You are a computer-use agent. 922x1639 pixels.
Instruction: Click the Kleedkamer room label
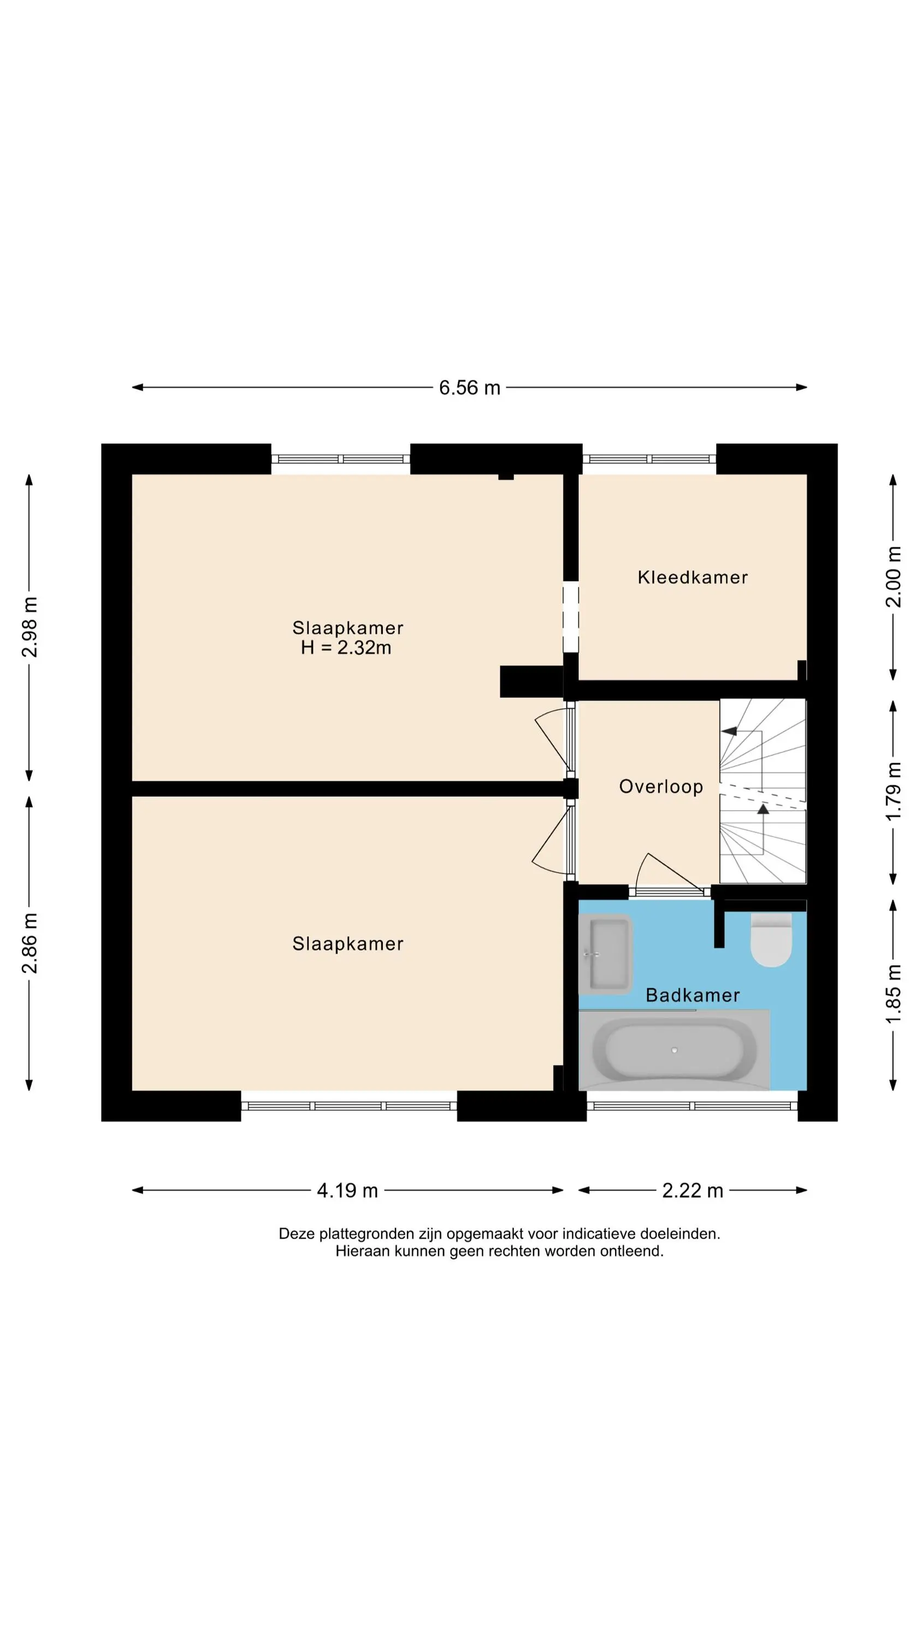click(x=692, y=577)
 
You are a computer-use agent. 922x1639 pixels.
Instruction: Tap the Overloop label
click(x=660, y=787)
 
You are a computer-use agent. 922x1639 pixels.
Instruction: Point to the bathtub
click(x=674, y=1050)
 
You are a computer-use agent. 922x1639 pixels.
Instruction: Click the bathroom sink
click(x=605, y=954)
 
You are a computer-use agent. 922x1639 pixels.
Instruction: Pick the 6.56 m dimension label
click(x=470, y=387)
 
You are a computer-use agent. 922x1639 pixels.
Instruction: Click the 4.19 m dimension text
click(x=347, y=1190)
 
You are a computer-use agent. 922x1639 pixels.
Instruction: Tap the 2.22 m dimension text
click(x=692, y=1190)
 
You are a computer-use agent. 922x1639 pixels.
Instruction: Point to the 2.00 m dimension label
click(x=894, y=576)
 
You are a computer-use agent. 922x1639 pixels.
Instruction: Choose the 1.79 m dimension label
click(x=894, y=791)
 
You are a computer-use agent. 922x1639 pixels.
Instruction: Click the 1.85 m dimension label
click(x=894, y=994)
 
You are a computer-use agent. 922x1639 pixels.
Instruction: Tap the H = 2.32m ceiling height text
click(x=346, y=648)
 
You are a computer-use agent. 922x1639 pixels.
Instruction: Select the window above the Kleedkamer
click(x=649, y=459)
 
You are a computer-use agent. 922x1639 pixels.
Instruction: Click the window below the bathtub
click(x=691, y=1106)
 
